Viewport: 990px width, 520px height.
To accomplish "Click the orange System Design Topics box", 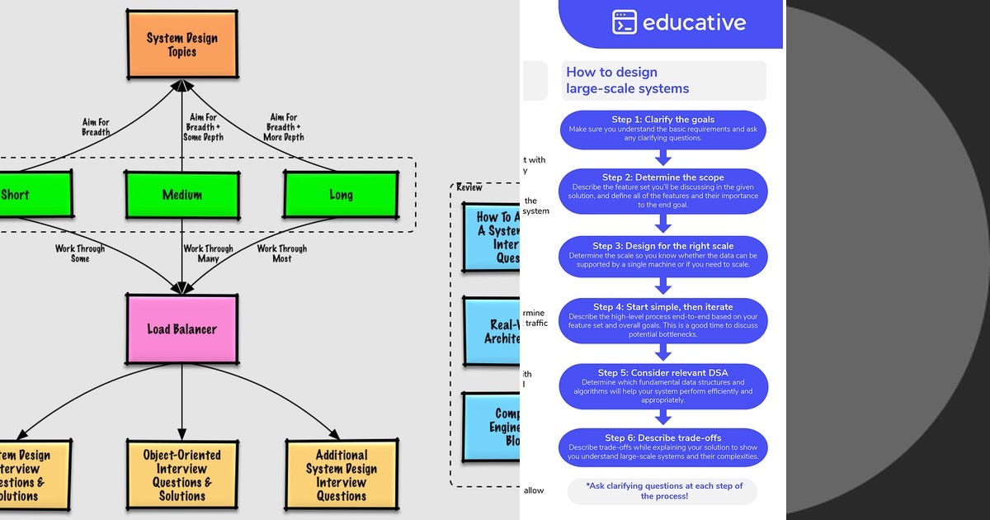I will coord(182,44).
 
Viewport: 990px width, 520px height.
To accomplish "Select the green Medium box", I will coord(182,195).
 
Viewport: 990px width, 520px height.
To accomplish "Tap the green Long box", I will coord(341,195).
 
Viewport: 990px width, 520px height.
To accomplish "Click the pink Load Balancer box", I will coord(181,329).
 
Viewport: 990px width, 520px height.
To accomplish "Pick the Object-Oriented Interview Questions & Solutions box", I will coord(182,475).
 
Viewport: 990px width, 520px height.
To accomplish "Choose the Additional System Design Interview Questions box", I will coord(341,475).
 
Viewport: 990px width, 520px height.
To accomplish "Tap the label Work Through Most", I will coord(281,253).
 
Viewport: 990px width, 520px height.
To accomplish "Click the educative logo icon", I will coord(625,21).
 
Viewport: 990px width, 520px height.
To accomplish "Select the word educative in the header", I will coord(695,22).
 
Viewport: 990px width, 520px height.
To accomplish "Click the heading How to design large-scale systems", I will coord(627,81).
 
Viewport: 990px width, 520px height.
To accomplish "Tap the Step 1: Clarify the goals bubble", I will coord(663,129).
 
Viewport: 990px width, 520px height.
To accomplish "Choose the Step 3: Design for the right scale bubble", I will coord(663,256).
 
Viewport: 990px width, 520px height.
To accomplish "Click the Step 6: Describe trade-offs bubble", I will coord(663,447).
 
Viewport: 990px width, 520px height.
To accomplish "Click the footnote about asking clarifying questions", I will coord(663,491).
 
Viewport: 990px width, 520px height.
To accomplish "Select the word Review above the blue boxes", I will coord(469,187).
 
